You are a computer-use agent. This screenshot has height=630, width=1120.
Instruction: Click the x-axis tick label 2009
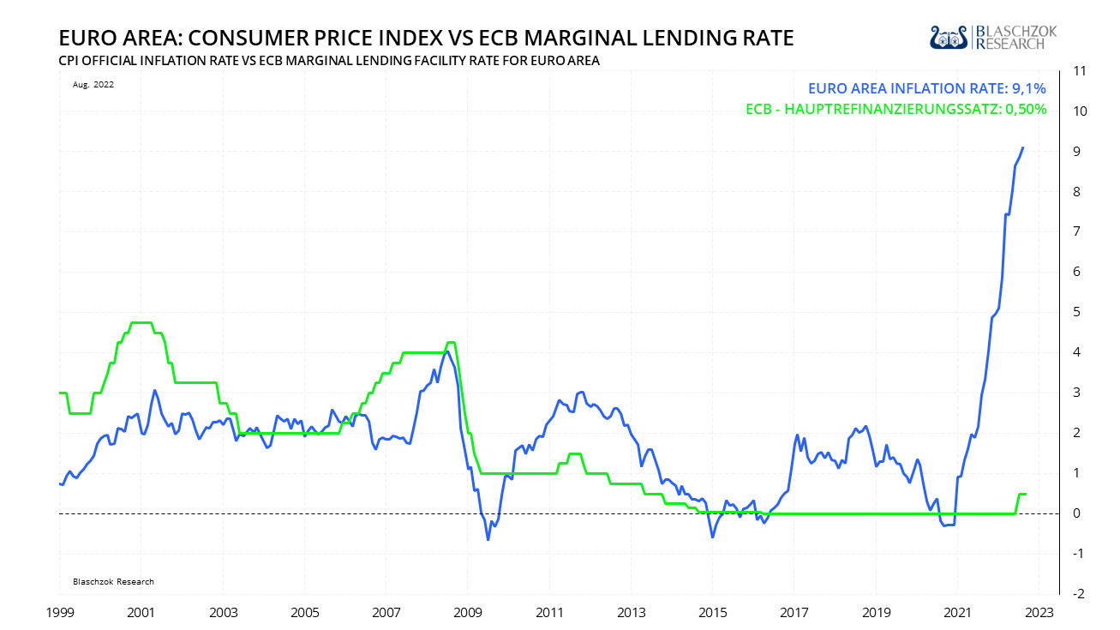[468, 614]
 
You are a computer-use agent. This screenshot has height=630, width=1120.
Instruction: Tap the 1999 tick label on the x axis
[59, 614]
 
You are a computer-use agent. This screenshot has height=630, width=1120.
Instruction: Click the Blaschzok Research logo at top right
[994, 37]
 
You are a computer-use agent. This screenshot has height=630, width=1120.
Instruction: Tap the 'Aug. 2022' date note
[93, 85]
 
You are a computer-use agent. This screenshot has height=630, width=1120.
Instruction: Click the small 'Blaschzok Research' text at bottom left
[113, 581]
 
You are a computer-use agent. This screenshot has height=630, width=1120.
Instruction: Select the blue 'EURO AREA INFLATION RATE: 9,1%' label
[926, 87]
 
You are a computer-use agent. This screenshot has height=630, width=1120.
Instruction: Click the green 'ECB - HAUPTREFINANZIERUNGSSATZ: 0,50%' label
[896, 109]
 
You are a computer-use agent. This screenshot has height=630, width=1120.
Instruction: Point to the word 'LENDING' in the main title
[650, 39]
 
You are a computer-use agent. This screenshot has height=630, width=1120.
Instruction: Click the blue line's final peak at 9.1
[1023, 147]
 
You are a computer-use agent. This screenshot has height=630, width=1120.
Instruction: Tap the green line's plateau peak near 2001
[141, 322]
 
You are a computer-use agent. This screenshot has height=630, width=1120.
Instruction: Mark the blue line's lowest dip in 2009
[488, 539]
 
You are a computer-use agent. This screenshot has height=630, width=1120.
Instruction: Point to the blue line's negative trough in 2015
[712, 537]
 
